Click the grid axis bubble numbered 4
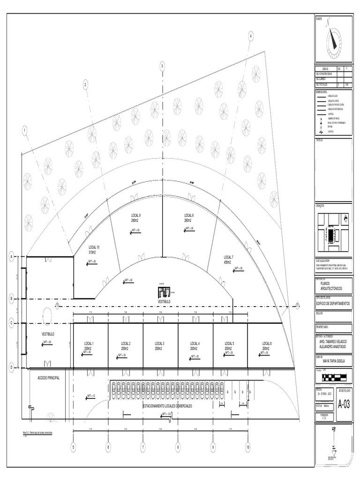click(x=251, y=36)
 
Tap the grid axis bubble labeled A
click(x=11, y=256)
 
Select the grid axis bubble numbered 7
click(x=142, y=448)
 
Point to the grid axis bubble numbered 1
click(x=24, y=130)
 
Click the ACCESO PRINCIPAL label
click(x=48, y=377)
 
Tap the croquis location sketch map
click(x=334, y=229)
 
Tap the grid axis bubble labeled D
click(x=11, y=368)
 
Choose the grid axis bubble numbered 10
click(x=247, y=448)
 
